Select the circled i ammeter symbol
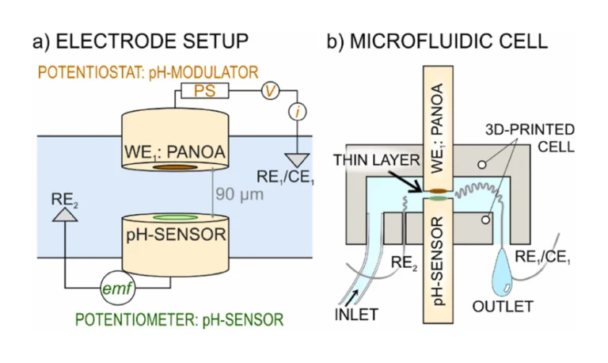coord(297,114)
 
